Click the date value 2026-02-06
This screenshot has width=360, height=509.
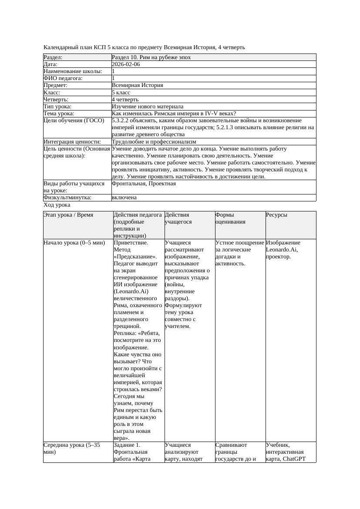(126, 64)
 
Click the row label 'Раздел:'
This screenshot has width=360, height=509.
(53, 57)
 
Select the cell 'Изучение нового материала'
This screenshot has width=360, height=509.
(148, 107)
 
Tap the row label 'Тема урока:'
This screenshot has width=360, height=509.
(60, 114)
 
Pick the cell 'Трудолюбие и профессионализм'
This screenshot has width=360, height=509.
(154, 142)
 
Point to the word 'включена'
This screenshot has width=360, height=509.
(124, 198)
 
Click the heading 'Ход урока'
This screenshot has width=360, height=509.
(57, 205)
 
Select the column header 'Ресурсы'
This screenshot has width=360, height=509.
(277, 215)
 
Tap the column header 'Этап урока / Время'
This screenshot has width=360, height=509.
(68, 215)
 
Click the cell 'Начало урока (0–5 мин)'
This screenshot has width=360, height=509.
(74, 243)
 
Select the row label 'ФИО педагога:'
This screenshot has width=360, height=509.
(63, 78)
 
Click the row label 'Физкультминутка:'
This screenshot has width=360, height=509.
(67, 198)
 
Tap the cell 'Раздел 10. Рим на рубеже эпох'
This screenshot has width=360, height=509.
(151, 57)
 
